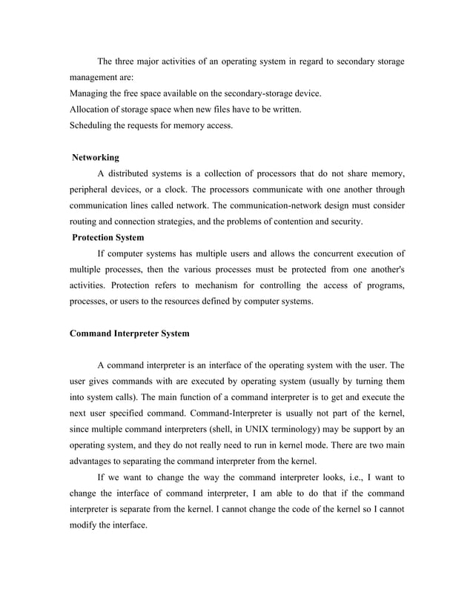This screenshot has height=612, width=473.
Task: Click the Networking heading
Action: (95, 158)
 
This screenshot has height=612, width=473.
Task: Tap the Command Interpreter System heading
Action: (129, 333)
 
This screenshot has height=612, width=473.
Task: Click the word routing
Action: (85, 222)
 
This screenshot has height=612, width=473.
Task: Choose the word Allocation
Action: (93, 110)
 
